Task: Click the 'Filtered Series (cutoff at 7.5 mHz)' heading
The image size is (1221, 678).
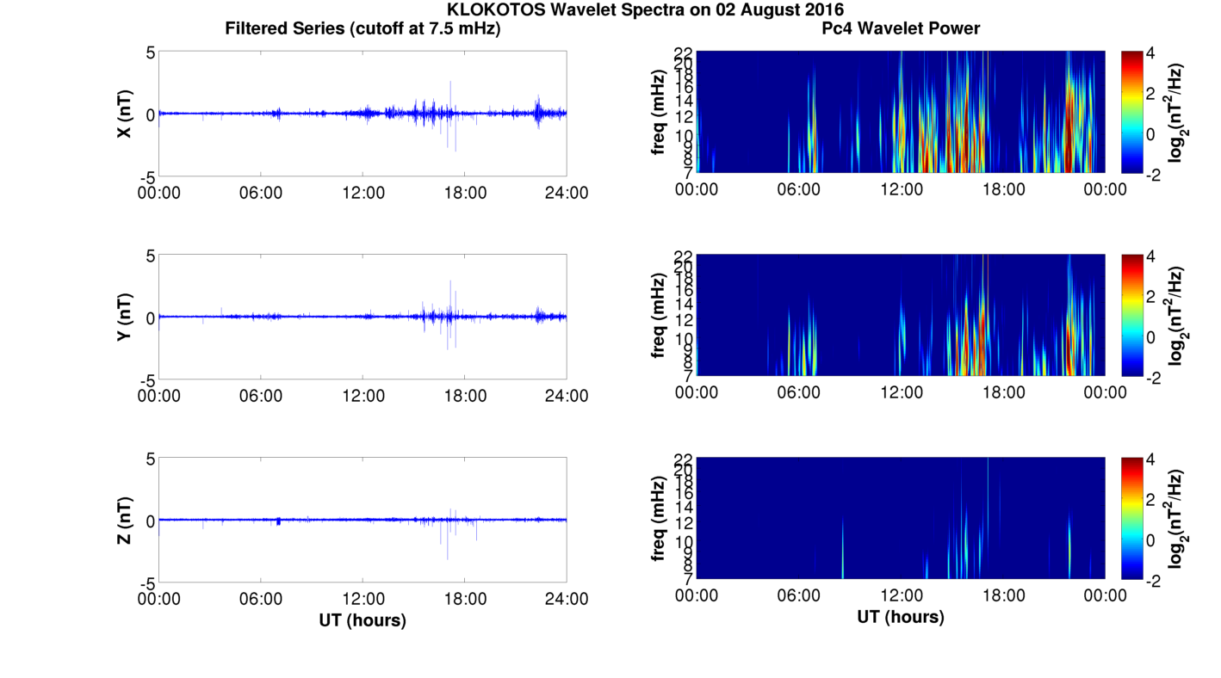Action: click(x=363, y=29)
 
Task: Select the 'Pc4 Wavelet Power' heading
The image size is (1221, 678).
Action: click(x=901, y=29)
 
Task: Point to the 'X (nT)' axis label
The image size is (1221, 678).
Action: click(x=125, y=114)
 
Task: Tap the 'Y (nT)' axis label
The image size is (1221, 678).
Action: click(x=125, y=317)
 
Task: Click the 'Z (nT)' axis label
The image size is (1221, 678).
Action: click(x=125, y=520)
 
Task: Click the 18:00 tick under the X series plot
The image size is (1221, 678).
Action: click(x=465, y=193)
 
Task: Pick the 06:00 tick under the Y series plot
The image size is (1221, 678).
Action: click(x=261, y=396)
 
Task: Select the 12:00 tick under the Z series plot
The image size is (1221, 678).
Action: click(x=363, y=599)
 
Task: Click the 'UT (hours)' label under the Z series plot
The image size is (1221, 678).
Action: click(x=363, y=619)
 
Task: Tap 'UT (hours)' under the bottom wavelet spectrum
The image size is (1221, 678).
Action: click(x=901, y=617)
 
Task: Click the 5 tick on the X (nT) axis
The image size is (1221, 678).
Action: click(x=150, y=52)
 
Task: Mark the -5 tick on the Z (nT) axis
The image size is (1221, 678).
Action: click(x=146, y=582)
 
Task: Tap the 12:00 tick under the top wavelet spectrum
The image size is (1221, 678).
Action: click(x=901, y=189)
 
